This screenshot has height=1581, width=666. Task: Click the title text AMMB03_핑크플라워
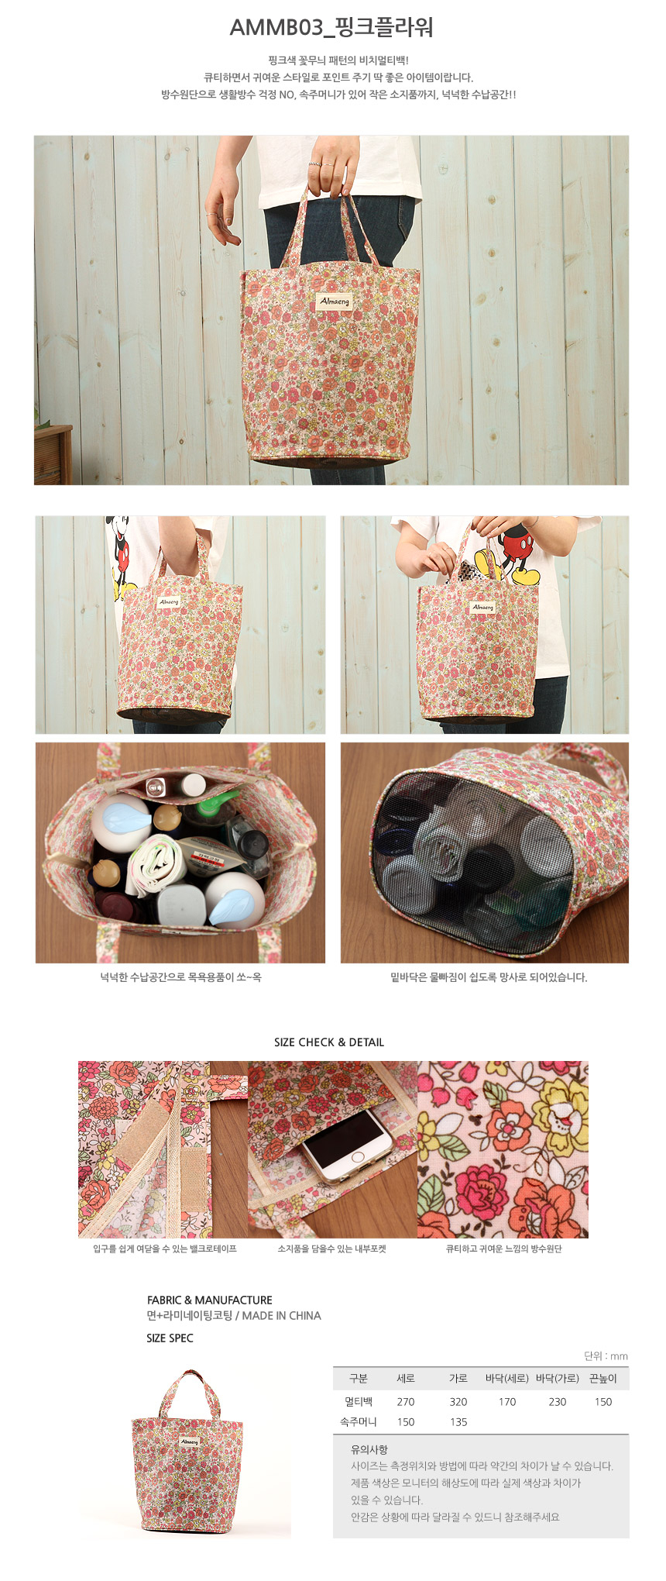coord(331,28)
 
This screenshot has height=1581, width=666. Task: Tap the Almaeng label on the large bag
coord(335,301)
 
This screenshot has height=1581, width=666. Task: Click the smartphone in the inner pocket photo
coord(347,1146)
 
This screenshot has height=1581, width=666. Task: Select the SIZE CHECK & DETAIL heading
coord(329,1042)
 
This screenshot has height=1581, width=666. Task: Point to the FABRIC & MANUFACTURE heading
coord(210,1300)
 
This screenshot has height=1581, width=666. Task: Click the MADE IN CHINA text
coord(282,1315)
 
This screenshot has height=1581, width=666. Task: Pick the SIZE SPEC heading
coord(170,1338)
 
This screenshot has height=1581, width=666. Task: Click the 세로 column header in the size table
coord(406,1378)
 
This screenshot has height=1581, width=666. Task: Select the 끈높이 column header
coord(603,1378)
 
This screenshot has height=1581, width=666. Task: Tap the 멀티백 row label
coord(359,1401)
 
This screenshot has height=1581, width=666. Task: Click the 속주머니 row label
coord(359,1421)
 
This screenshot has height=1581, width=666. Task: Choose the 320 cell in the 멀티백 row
coord(458,1401)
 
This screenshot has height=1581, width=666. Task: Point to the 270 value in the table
coord(406,1401)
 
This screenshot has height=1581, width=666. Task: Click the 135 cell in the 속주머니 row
coord(458,1421)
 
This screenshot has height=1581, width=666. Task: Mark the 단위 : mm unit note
coord(606,1355)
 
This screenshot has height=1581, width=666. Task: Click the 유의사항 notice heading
coord(369,1449)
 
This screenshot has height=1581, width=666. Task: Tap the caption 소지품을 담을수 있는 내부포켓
coord(331,1249)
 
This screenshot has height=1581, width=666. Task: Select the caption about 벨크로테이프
coord(165,1249)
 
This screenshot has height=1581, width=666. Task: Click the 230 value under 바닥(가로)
coord(558,1401)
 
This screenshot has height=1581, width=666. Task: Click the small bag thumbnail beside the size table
coord(187,1454)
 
